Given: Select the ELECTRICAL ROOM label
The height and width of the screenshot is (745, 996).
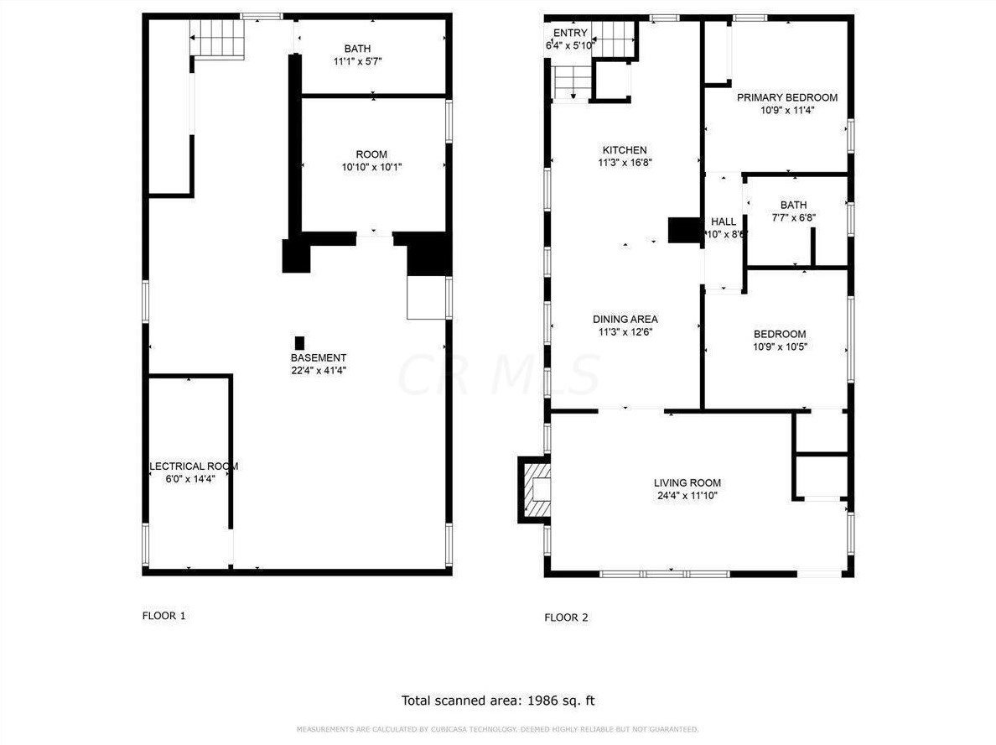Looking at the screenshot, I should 194,466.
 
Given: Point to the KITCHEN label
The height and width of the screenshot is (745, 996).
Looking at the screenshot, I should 625,150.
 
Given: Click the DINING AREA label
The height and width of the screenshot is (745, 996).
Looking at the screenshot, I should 625,319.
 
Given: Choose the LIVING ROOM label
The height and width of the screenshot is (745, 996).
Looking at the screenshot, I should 687,482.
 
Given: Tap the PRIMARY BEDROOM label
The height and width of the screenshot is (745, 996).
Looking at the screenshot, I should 786,97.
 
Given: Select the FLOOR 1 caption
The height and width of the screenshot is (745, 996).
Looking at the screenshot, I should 163,616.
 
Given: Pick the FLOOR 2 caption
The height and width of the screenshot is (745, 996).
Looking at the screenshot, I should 566,617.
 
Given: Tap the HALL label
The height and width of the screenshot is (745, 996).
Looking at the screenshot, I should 724,222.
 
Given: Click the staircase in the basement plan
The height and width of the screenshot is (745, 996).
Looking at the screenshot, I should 218,38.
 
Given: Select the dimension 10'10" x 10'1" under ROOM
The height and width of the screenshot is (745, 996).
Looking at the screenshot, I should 371,167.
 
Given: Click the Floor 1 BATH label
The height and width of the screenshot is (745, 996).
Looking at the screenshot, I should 357,49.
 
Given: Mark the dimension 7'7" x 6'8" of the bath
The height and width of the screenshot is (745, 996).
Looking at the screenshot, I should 793,217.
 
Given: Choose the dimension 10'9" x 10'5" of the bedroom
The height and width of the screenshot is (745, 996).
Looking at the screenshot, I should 780,346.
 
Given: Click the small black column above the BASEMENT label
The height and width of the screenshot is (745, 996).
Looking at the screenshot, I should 299,343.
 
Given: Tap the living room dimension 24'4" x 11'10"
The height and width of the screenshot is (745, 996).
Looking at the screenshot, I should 687,495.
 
